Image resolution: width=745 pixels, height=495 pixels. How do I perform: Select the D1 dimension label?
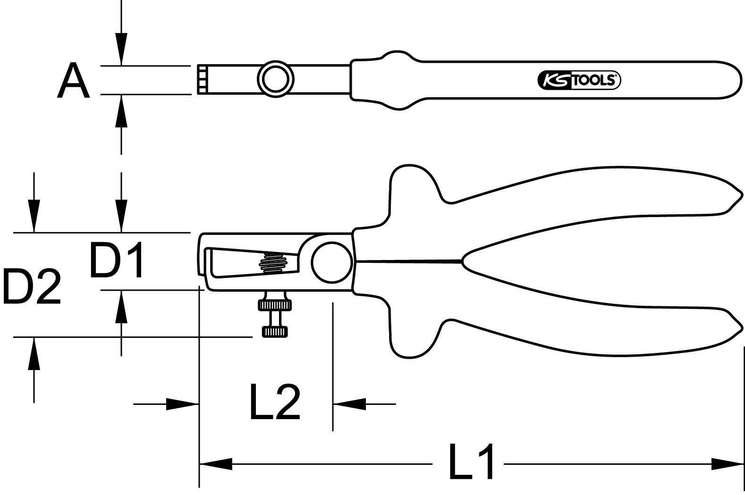(x=117, y=260)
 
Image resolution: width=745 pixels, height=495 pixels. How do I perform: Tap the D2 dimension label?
(x=32, y=286)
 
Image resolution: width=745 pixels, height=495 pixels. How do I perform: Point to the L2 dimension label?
(x=274, y=402)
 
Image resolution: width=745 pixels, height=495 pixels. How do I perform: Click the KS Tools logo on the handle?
(x=579, y=80)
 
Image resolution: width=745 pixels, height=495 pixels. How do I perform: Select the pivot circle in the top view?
(x=275, y=80)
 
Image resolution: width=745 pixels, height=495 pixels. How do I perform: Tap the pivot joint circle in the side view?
(x=331, y=262)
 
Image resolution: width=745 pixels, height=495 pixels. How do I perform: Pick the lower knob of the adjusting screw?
(x=274, y=331)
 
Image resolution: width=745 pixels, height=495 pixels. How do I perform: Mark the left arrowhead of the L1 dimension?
(x=215, y=464)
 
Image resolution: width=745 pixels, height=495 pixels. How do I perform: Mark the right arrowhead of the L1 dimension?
(x=728, y=464)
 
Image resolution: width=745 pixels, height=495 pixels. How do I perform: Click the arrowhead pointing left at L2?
(x=349, y=404)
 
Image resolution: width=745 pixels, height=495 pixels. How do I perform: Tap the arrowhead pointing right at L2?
(x=182, y=404)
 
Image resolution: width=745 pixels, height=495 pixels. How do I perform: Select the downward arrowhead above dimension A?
(x=121, y=49)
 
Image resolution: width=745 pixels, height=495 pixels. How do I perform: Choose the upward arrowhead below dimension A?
(x=121, y=111)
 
